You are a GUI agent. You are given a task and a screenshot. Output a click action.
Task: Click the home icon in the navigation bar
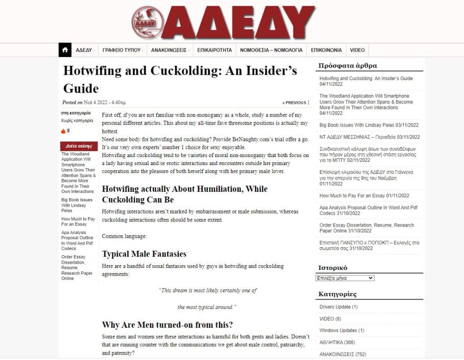[65, 50]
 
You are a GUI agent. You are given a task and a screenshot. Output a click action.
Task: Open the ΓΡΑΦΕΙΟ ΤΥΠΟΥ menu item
[122, 50]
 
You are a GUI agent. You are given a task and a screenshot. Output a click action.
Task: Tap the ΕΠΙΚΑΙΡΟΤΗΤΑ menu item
[215, 50]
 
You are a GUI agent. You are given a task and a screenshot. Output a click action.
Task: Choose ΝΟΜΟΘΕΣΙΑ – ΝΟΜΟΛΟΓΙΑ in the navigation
[271, 50]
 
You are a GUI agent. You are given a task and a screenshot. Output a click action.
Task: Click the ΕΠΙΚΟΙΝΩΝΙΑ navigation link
[326, 50]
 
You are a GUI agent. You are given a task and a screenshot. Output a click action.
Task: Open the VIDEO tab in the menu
[357, 50]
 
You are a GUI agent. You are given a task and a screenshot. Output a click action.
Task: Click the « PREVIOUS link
[294, 103]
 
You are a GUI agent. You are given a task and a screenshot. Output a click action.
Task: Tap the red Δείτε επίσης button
[79, 146]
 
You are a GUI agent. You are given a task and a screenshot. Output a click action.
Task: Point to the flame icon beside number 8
[63, 131]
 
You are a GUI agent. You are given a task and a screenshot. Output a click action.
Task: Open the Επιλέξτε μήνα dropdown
[345, 278]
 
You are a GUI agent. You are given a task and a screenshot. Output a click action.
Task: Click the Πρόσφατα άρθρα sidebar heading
[347, 66]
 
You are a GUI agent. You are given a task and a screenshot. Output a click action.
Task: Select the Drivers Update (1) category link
[339, 307]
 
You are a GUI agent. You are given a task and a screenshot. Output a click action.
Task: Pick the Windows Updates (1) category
[342, 330]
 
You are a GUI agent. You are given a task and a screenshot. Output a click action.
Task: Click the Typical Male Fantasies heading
[137, 254]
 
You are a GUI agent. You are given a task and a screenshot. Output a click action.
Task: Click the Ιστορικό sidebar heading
[333, 268]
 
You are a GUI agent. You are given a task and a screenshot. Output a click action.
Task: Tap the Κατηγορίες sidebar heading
[337, 294]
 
